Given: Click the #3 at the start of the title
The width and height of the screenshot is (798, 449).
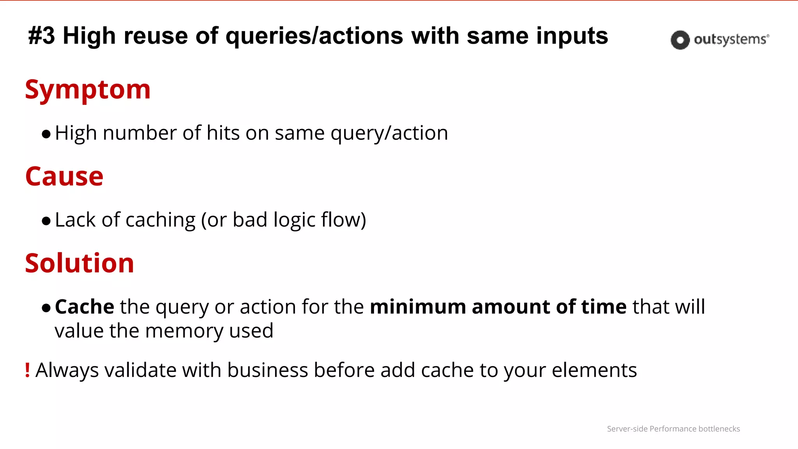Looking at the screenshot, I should pos(42,36).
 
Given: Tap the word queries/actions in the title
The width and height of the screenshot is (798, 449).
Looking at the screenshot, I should pos(314,36).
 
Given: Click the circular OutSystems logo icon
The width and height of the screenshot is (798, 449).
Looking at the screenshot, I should pos(680,40).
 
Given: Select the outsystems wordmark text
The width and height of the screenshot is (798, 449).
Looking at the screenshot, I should pos(731,39).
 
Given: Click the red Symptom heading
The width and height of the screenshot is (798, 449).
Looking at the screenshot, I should pos(88,90).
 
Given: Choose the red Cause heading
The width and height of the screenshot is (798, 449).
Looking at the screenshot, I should pos(64,177).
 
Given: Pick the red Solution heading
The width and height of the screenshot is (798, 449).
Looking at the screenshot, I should pos(79,263).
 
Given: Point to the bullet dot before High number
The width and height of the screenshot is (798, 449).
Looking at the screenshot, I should pos(46,134).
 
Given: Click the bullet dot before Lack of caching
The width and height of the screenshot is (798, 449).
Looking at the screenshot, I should pos(46,221).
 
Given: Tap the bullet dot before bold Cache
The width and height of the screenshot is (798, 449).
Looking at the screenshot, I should pos(46,308).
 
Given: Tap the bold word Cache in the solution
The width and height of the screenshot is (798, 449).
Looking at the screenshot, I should pos(85,307).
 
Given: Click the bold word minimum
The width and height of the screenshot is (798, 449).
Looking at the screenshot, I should pos(418,307).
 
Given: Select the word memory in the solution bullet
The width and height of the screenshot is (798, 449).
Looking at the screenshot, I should pos(184,331).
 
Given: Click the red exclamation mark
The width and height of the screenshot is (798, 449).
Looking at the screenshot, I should pos(27,370).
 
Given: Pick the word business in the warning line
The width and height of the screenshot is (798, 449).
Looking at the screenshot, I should pos(268,370).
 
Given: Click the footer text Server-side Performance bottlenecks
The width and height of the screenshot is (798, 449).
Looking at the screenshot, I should pos(673,429).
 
